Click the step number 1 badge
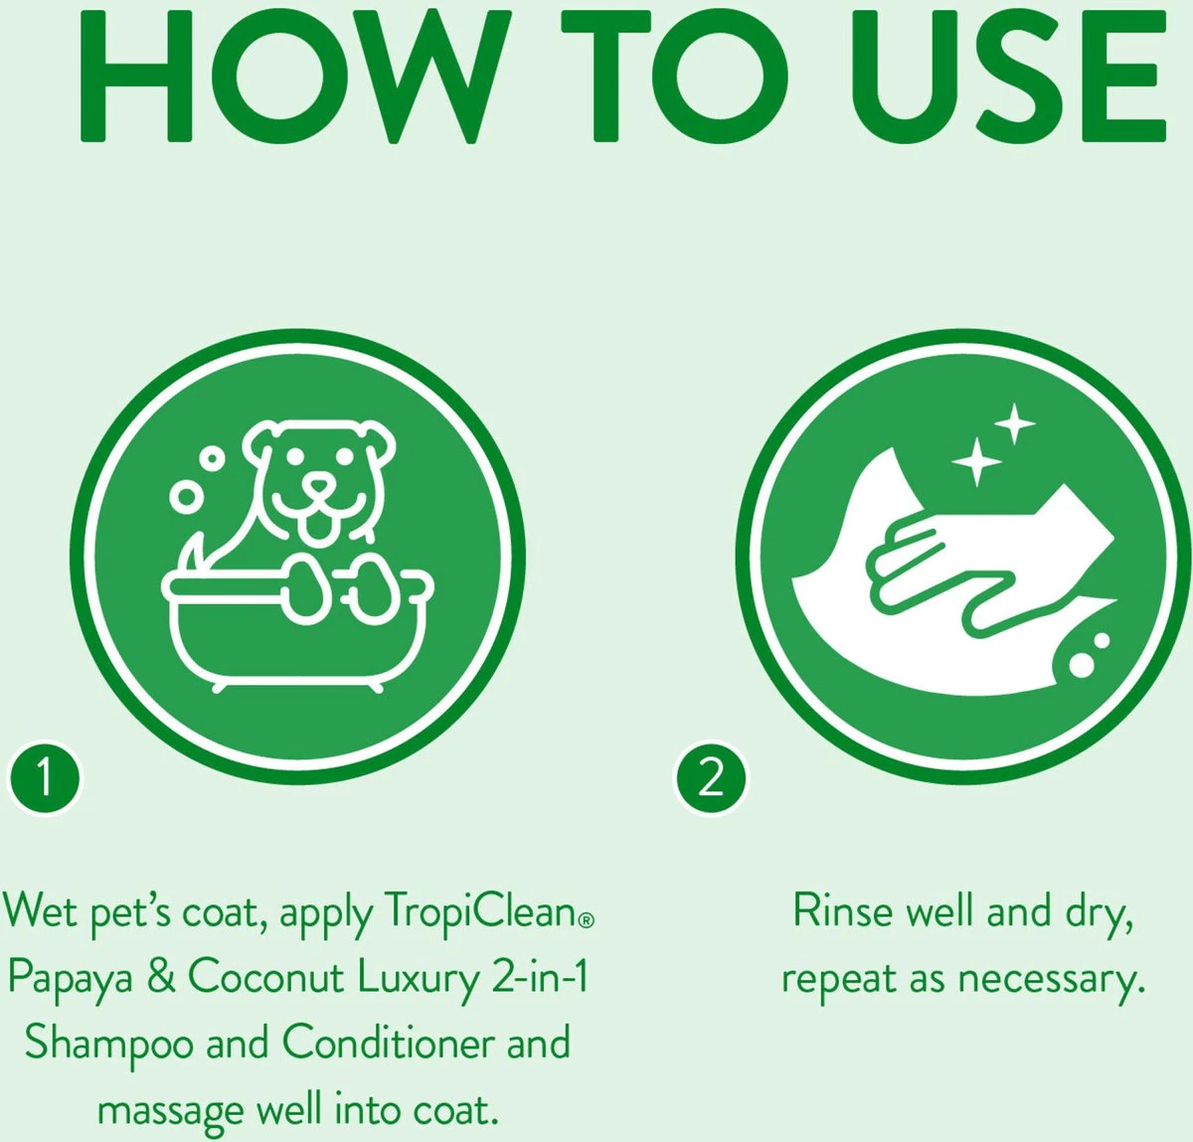(x=44, y=779)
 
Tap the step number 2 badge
(x=711, y=779)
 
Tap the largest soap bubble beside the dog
(x=186, y=497)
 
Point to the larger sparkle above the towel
(x=977, y=462)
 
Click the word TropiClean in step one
(x=482, y=912)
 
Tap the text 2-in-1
(x=541, y=976)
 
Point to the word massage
(x=170, y=1111)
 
